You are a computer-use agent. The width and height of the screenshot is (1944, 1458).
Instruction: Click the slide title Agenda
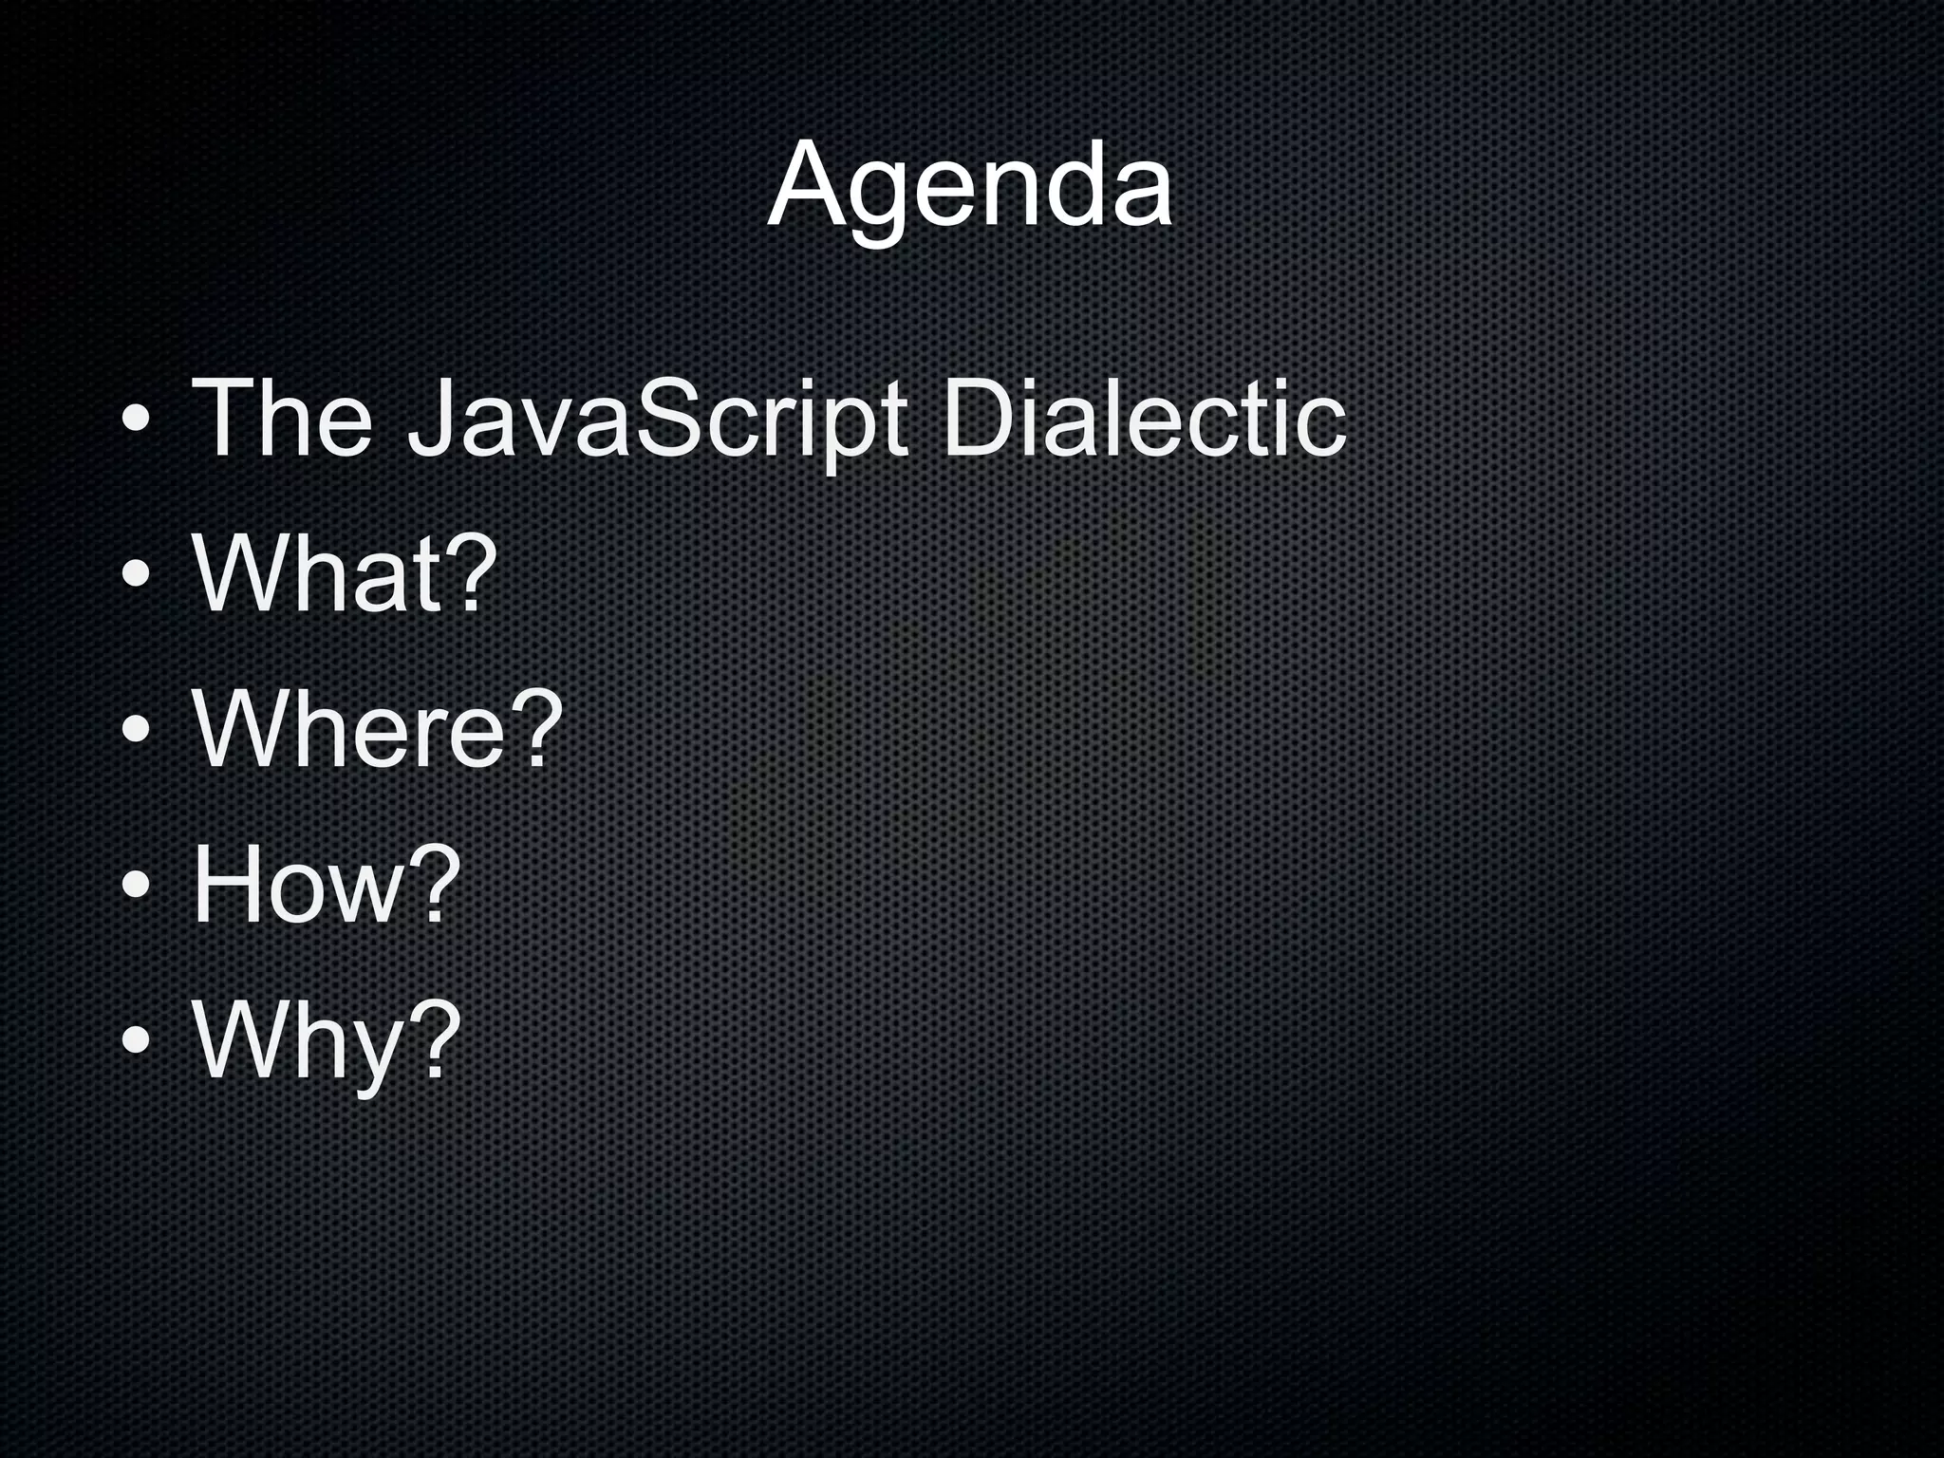(969, 186)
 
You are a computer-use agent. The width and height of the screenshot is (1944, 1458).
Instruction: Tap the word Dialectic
(1143, 418)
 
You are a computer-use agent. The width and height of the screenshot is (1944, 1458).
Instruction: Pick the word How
(300, 885)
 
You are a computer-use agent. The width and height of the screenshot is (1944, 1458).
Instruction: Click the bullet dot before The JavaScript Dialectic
(135, 419)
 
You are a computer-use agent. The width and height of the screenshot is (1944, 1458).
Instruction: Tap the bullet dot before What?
(135, 574)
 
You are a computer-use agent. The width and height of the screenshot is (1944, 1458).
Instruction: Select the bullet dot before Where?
(135, 730)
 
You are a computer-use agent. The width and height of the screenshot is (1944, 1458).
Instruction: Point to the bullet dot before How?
(135, 886)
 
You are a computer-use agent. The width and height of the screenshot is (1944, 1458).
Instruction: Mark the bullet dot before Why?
(135, 1041)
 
